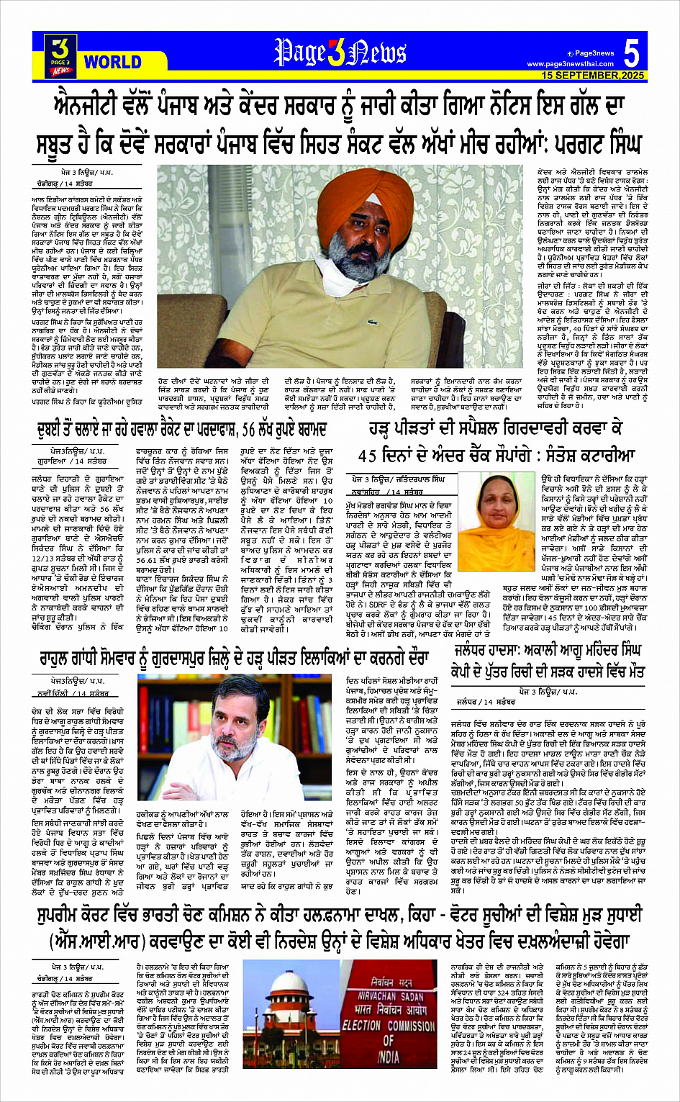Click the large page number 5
pos(631,53)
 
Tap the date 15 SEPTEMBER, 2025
pos(590,75)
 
